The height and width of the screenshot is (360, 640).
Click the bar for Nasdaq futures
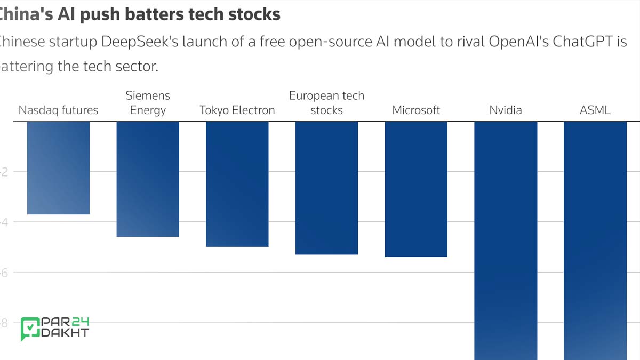tap(58, 168)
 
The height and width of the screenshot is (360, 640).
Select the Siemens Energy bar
tap(148, 179)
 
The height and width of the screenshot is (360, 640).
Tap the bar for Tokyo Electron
tap(237, 184)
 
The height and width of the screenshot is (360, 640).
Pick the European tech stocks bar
tap(326, 188)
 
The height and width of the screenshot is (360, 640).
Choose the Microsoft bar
tap(416, 189)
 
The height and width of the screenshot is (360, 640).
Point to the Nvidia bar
tap(506, 240)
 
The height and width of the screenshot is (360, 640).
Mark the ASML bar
tap(595, 240)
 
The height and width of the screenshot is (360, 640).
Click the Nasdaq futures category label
tap(58, 110)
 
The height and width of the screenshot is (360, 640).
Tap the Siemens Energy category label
tap(148, 103)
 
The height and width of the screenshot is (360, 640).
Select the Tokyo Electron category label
tap(237, 110)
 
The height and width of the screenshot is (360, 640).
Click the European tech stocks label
tap(326, 103)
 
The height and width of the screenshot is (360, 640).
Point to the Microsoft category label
tap(416, 110)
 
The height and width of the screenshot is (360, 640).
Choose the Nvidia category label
tap(506, 110)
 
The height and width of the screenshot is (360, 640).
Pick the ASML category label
tap(595, 110)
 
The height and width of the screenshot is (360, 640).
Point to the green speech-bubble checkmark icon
tap(30, 329)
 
